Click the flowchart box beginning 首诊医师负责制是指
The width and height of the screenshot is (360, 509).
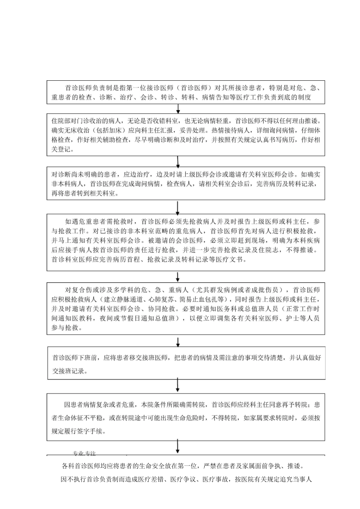coord(186,92)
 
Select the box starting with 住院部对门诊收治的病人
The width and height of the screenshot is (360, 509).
coord(186,135)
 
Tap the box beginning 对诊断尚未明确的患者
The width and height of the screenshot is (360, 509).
coord(186,184)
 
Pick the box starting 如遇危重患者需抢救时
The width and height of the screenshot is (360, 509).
coord(186,242)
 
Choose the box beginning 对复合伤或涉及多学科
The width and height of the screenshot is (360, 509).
coord(186,308)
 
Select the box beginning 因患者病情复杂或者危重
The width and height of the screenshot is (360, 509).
coord(186,417)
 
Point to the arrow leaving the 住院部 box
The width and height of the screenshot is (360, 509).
coord(178,161)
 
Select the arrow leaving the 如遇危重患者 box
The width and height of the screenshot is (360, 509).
coord(178,276)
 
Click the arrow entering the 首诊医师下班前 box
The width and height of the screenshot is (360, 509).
coord(178,342)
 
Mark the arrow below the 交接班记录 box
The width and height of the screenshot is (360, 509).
coord(178,385)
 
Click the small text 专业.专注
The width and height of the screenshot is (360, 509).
coord(84,453)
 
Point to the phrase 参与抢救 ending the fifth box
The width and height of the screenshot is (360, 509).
coord(65,328)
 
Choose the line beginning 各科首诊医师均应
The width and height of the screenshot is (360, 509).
coord(182,465)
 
